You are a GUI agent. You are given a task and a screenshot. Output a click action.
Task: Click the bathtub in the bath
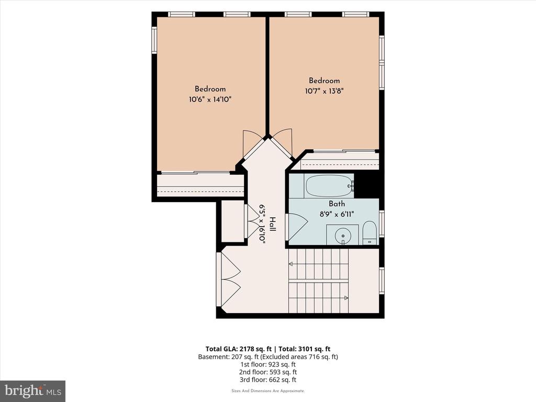(x=330, y=186)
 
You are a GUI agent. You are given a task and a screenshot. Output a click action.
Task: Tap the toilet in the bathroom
(x=369, y=233)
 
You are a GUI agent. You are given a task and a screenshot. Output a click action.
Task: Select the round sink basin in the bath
(x=342, y=235)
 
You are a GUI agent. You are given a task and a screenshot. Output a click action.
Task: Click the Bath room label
(x=337, y=204)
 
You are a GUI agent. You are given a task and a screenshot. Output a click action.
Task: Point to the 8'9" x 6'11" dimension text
(x=337, y=214)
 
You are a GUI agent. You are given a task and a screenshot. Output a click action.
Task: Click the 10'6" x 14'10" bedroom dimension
(x=210, y=99)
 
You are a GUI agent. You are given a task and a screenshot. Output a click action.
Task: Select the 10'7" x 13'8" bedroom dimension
(x=324, y=91)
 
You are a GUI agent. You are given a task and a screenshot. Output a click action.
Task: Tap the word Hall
(x=272, y=224)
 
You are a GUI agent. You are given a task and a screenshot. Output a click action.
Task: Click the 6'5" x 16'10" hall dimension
(x=263, y=224)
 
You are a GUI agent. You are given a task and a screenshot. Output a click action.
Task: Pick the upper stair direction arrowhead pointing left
(x=291, y=264)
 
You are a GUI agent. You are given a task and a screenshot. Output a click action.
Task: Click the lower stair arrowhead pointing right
(x=346, y=298)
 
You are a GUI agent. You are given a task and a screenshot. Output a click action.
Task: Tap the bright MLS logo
(x=33, y=391)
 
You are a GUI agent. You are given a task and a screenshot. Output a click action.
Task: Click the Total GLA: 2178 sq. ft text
(x=239, y=349)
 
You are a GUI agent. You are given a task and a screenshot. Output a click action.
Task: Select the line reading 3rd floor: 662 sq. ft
(x=267, y=379)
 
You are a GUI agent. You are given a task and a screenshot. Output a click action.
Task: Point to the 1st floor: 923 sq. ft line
(x=268, y=364)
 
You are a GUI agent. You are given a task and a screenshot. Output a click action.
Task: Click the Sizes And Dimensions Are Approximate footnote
(x=268, y=390)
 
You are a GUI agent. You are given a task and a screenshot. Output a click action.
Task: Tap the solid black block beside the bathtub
(x=366, y=185)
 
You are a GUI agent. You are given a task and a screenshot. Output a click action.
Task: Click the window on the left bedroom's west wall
(x=154, y=40)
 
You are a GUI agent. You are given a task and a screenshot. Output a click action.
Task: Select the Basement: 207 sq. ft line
(x=268, y=357)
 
